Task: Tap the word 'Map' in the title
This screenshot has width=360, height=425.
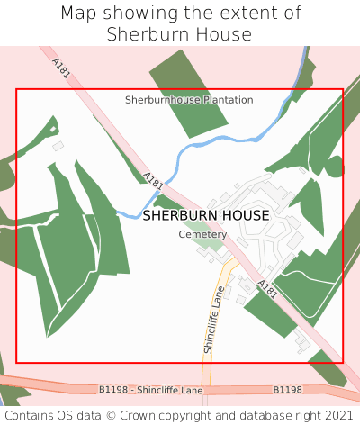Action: [x=78, y=14]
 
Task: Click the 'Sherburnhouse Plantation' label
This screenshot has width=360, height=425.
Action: [x=189, y=100]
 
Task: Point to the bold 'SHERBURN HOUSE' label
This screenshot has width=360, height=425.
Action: [x=205, y=216]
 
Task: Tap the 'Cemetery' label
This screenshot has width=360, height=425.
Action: [x=202, y=234]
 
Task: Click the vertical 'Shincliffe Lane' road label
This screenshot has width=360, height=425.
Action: [x=211, y=322]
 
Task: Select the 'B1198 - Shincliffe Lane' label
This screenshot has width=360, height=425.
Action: [x=150, y=389]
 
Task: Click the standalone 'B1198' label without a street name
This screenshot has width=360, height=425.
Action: [x=287, y=390]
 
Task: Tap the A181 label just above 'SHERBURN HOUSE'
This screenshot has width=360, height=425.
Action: [x=153, y=182]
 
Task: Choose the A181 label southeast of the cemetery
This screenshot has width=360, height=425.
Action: [x=267, y=290]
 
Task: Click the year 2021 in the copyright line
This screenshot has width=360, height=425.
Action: [x=338, y=415]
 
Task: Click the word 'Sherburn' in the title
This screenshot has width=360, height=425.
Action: [x=146, y=34]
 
